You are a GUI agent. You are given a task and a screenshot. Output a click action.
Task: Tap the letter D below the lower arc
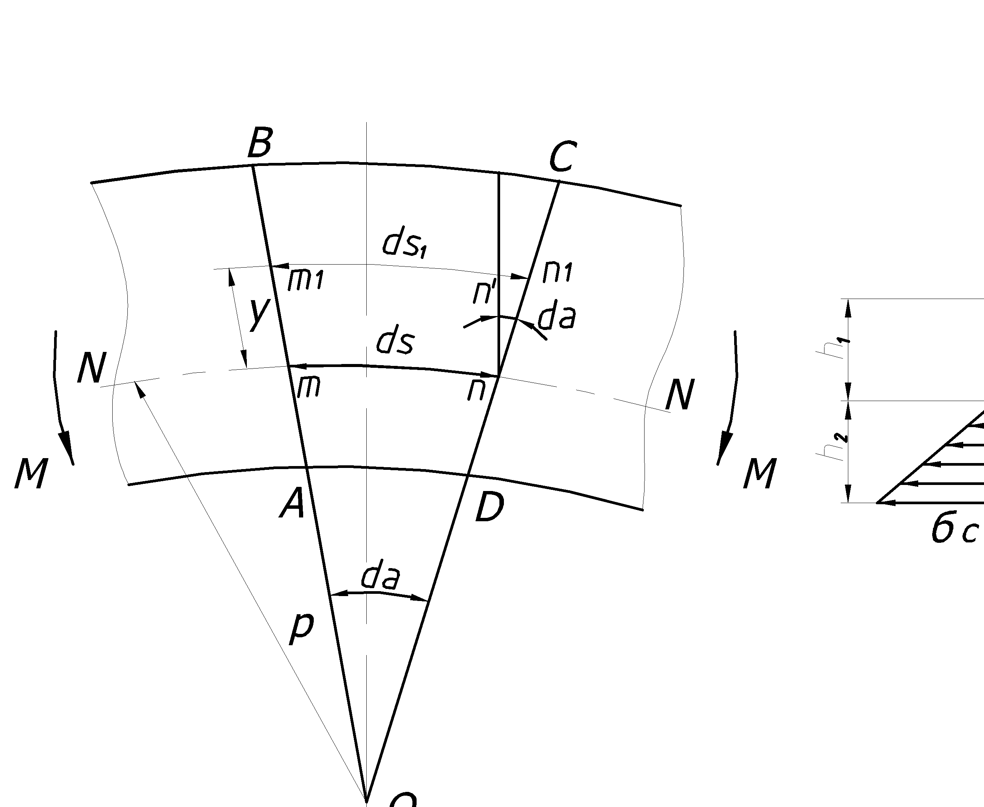tap(490, 508)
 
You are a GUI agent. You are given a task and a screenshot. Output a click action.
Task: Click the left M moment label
tap(31, 473)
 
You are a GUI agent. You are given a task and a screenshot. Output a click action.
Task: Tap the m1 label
tap(305, 280)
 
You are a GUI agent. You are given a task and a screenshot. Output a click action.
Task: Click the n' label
tap(484, 293)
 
